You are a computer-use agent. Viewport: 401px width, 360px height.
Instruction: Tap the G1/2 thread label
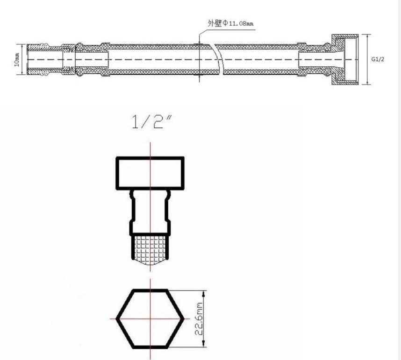[377, 59]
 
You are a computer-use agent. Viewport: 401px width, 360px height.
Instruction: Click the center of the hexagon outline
[150, 318]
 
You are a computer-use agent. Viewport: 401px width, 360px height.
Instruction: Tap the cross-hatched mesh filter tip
[150, 248]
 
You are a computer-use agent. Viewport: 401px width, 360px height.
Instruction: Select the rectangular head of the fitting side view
[150, 172]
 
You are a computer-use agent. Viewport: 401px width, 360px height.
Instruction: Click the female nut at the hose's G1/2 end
[346, 60]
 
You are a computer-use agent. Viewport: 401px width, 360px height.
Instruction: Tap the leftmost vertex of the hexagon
[117, 318]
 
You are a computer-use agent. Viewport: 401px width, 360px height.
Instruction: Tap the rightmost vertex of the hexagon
[183, 318]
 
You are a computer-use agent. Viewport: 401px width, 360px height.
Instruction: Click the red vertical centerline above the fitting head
[150, 149]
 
